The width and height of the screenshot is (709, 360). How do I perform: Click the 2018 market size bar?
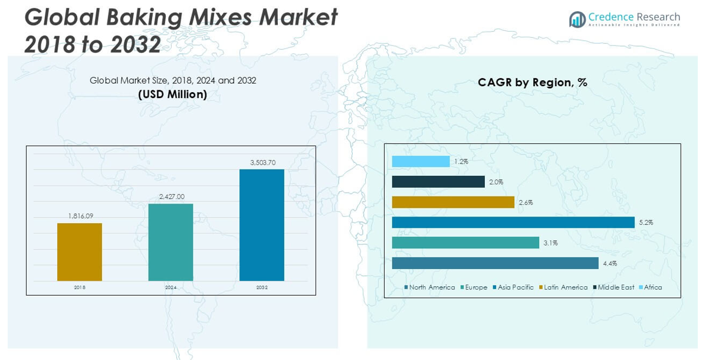(x=80, y=252)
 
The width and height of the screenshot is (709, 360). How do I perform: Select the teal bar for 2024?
(x=170, y=242)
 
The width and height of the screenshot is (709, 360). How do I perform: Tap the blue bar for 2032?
(x=261, y=225)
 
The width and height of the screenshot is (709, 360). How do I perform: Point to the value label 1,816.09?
(x=81, y=216)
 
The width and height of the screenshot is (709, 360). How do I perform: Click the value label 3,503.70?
(x=262, y=162)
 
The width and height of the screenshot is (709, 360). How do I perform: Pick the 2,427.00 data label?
(x=172, y=197)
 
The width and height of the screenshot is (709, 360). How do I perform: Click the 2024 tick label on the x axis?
(x=171, y=287)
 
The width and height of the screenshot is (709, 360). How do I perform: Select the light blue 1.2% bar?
(x=421, y=162)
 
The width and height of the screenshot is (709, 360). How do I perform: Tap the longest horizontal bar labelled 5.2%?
(x=513, y=222)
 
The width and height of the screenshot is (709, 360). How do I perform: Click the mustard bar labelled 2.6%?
(x=453, y=202)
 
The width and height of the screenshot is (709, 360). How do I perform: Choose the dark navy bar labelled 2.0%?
(x=438, y=182)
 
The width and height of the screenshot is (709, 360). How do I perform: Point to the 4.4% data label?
(x=609, y=263)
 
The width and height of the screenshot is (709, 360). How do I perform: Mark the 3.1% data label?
(x=550, y=243)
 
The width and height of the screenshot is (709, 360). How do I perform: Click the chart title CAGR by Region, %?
(x=532, y=83)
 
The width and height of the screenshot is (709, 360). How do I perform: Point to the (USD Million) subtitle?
(x=173, y=94)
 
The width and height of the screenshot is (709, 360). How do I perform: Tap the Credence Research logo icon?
(x=577, y=19)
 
